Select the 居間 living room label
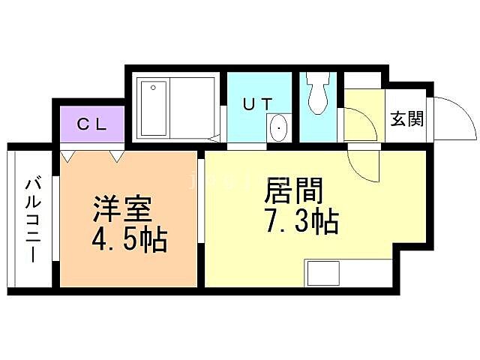[293, 193]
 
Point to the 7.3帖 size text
[301, 221]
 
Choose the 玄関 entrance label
[406, 119]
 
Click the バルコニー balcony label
[32, 218]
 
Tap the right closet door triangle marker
[116, 156]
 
